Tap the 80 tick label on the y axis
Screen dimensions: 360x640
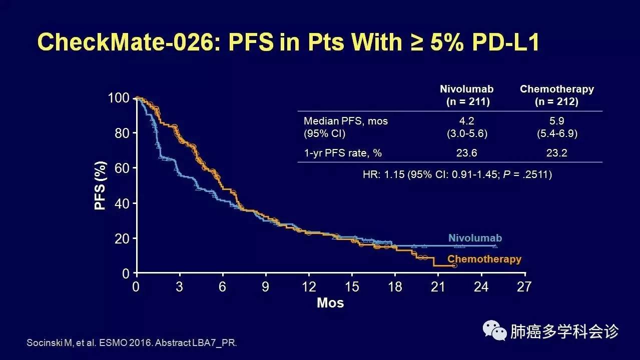pyautogui.click(x=119, y=133)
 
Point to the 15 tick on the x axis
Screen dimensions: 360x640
pyautogui.click(x=352, y=287)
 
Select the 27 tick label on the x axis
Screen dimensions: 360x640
pyautogui.click(x=524, y=287)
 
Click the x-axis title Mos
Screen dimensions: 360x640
pyautogui.click(x=330, y=303)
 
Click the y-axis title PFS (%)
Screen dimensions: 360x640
pyautogui.click(x=100, y=185)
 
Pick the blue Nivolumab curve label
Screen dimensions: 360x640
pyautogui.click(x=475, y=238)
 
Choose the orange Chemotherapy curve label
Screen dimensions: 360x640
pyautogui.click(x=484, y=259)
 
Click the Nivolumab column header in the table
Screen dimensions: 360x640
pyautogui.click(x=467, y=89)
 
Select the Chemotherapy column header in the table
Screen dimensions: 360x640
pyautogui.click(x=556, y=89)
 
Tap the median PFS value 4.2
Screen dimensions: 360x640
pyautogui.click(x=467, y=121)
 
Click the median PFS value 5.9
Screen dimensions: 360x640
pyautogui.click(x=556, y=121)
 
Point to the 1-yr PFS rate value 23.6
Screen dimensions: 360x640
pyautogui.click(x=467, y=153)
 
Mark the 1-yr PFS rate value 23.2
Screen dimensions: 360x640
pyautogui.click(x=556, y=153)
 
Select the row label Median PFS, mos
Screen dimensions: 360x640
pyautogui.click(x=346, y=121)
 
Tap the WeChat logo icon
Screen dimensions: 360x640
pyautogui.click(x=494, y=330)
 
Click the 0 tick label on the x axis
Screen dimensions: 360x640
pyautogui.click(x=136, y=287)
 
